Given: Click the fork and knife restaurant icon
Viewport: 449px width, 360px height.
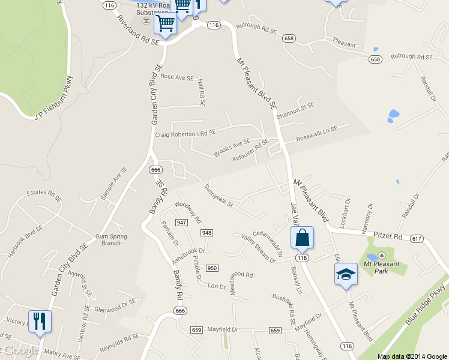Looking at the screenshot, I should [40, 320].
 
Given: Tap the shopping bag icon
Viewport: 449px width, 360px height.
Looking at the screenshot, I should [302, 238].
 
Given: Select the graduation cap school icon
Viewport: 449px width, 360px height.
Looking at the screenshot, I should [346, 274].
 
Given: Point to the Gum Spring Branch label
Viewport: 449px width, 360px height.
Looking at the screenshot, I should [111, 239].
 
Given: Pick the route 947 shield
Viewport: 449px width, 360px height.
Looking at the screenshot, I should [182, 223].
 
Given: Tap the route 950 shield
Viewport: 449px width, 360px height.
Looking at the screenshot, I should [212, 268].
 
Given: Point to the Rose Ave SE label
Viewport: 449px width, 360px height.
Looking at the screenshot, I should [176, 77].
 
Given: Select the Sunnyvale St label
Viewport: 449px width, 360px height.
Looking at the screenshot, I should [218, 196].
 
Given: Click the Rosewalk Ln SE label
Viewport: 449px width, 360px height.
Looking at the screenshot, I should [318, 134].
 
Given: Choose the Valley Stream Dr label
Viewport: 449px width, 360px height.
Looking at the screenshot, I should [258, 249].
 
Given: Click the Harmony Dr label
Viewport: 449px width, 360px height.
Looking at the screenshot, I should [368, 214].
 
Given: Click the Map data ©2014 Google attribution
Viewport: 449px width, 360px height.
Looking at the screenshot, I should [412, 356].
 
